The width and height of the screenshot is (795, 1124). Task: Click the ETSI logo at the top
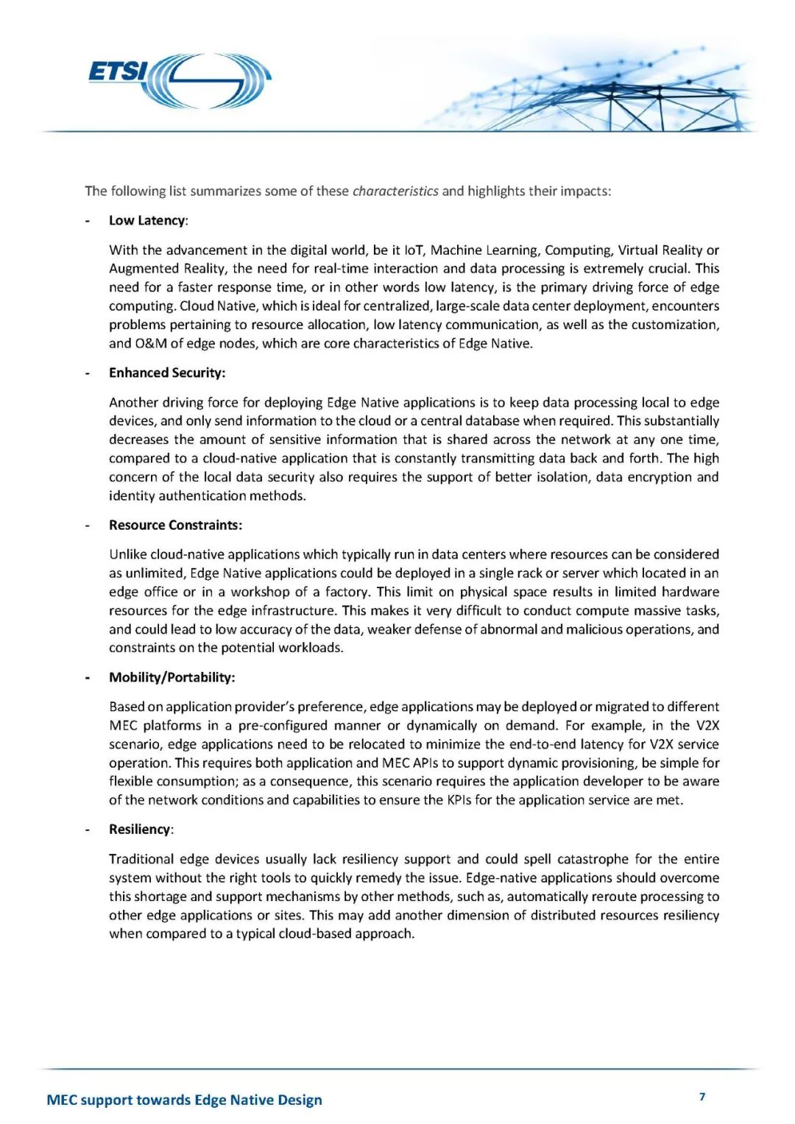click(180, 79)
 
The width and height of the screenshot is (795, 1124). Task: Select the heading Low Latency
click(147, 220)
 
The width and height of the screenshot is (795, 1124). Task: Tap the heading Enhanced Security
click(166, 372)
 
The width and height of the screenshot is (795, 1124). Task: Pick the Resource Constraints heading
click(175, 525)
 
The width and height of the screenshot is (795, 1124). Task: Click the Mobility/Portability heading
click(172, 677)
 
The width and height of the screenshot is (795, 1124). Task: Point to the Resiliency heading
click(140, 829)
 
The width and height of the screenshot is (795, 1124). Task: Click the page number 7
click(702, 1097)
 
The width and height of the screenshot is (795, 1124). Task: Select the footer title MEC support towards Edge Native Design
click(184, 1100)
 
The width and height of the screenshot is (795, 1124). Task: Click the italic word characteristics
click(395, 191)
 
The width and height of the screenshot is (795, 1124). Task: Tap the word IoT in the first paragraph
click(414, 250)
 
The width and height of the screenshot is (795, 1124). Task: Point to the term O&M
click(151, 343)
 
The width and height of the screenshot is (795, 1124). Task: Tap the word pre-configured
click(283, 726)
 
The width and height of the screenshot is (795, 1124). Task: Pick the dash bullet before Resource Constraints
click(88, 525)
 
